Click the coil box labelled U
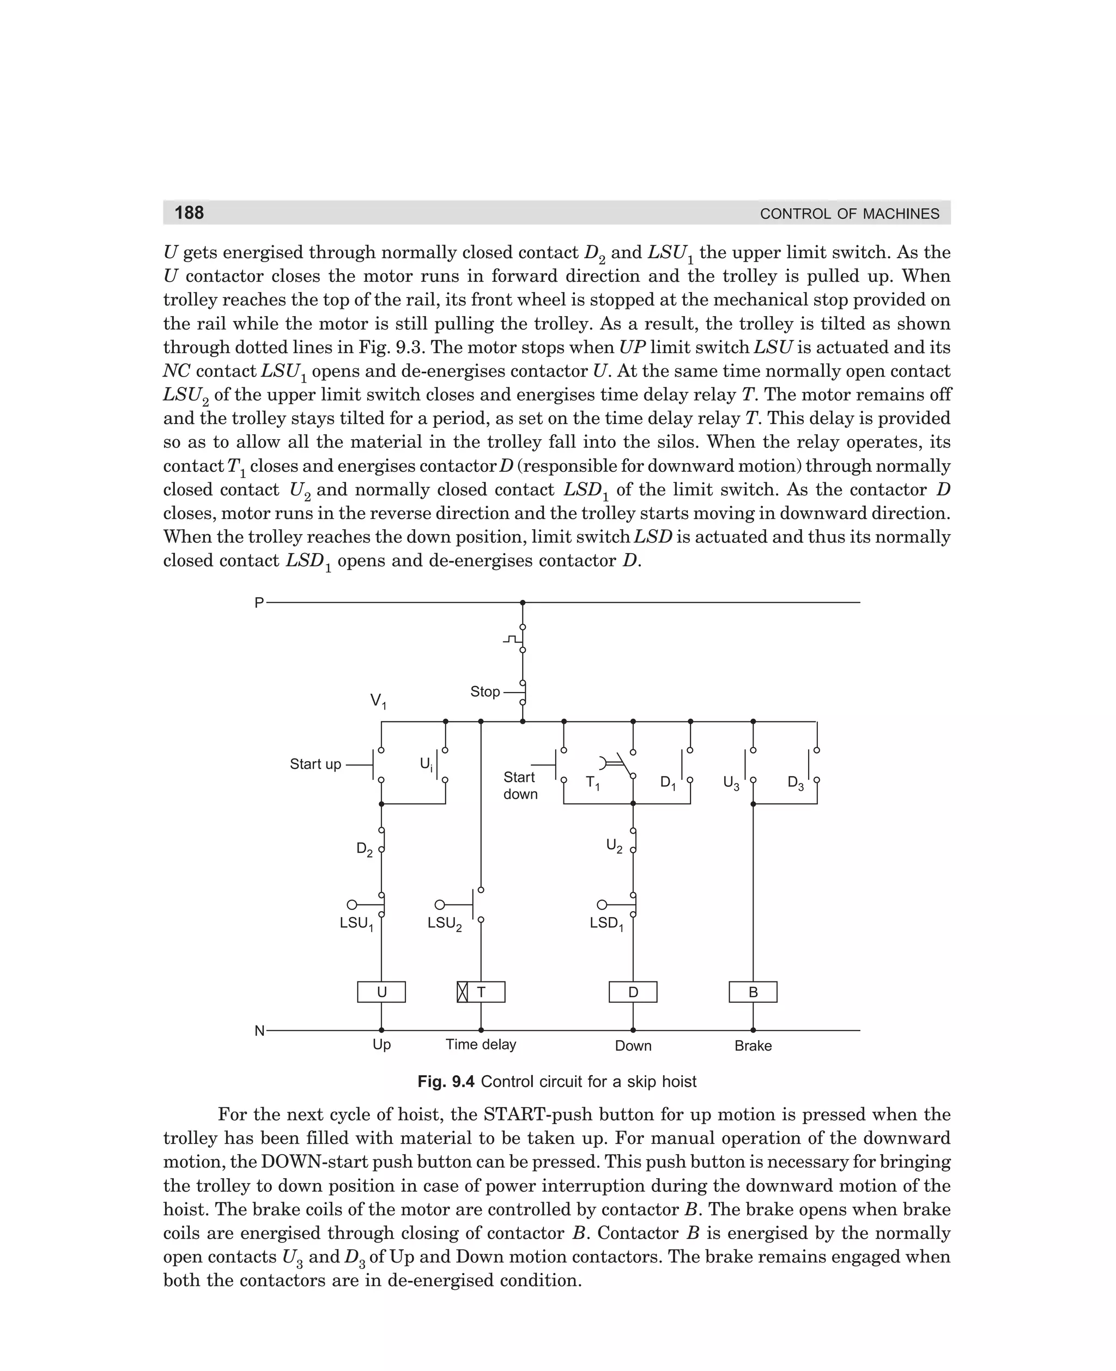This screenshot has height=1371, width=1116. pos(381,992)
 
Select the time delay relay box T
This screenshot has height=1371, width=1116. pos(481,992)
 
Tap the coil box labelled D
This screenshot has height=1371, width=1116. pos(633,992)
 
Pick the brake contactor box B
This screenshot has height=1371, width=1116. pos(753,992)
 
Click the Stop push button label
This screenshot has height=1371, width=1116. pos(485,691)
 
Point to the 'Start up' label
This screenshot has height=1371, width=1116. pos(315,764)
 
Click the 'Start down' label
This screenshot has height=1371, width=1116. pos(520,785)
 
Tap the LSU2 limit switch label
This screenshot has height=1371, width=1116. pos(444,924)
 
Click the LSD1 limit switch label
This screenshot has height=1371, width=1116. pos(606,924)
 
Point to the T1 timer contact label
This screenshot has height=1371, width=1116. pos(592,783)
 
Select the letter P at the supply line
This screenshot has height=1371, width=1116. pos(259,603)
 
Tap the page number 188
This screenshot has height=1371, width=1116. pos(189,213)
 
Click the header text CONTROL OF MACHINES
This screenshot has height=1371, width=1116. pos(849,214)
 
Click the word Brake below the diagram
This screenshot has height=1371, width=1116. pos(753,1046)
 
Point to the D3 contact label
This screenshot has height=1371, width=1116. pos(795,783)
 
